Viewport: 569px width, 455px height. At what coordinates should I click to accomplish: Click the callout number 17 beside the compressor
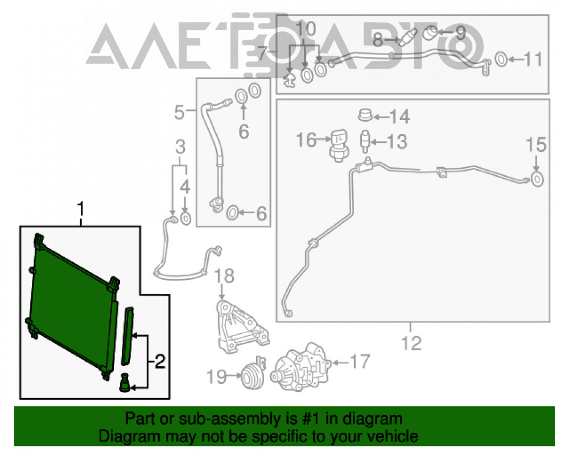tap(359, 361)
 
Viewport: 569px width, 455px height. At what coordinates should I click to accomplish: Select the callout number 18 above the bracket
tap(224, 276)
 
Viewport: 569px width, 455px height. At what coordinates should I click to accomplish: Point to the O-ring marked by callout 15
tap(537, 179)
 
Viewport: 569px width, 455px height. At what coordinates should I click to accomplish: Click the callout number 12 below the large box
tap(411, 343)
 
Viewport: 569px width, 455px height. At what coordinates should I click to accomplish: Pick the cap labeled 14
tap(365, 115)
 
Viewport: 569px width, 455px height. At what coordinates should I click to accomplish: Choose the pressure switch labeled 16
tap(339, 145)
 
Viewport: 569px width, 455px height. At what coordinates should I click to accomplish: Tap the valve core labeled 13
tap(365, 141)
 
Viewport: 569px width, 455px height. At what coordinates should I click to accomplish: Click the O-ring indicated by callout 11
tap(501, 59)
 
